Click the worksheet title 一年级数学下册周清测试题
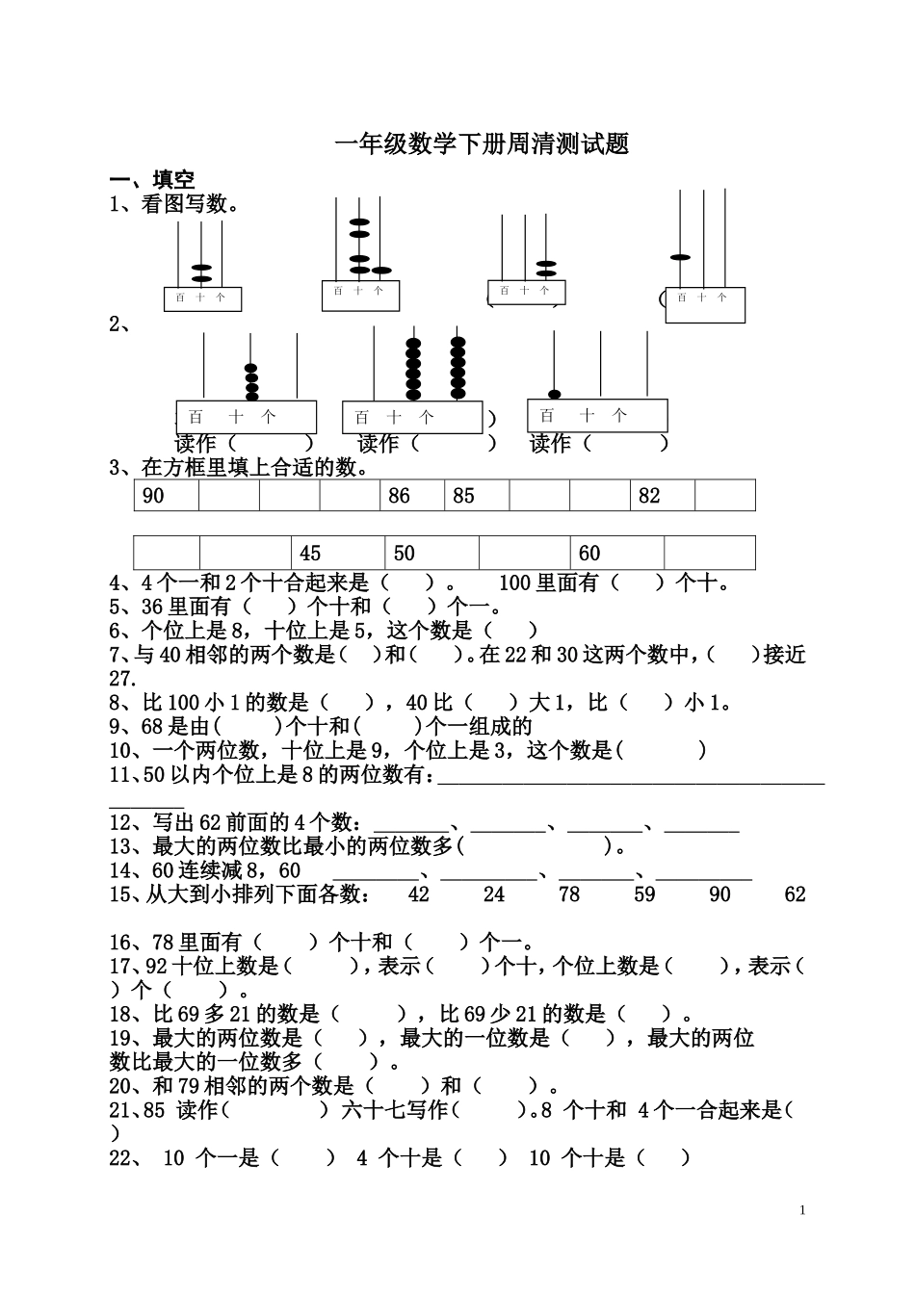(481, 145)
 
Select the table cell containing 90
(167, 496)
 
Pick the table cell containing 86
(412, 496)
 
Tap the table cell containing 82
(663, 496)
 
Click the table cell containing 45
(337, 554)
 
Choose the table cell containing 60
(616, 554)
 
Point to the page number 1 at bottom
(801, 1210)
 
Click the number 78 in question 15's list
(569, 894)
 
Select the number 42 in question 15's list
(418, 894)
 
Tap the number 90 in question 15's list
(719, 894)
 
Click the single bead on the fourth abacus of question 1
(680, 257)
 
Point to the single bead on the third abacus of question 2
(554, 394)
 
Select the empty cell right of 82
(724, 496)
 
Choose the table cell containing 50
(431, 554)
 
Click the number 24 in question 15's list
(494, 894)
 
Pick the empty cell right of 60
(709, 554)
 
